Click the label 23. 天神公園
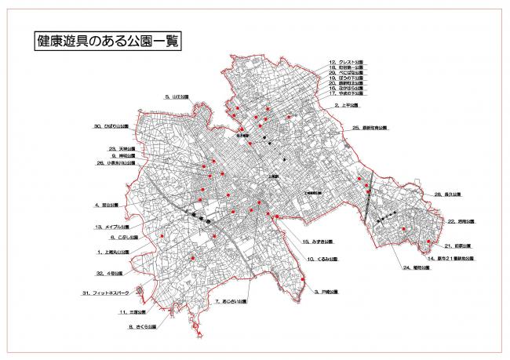(122, 148)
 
